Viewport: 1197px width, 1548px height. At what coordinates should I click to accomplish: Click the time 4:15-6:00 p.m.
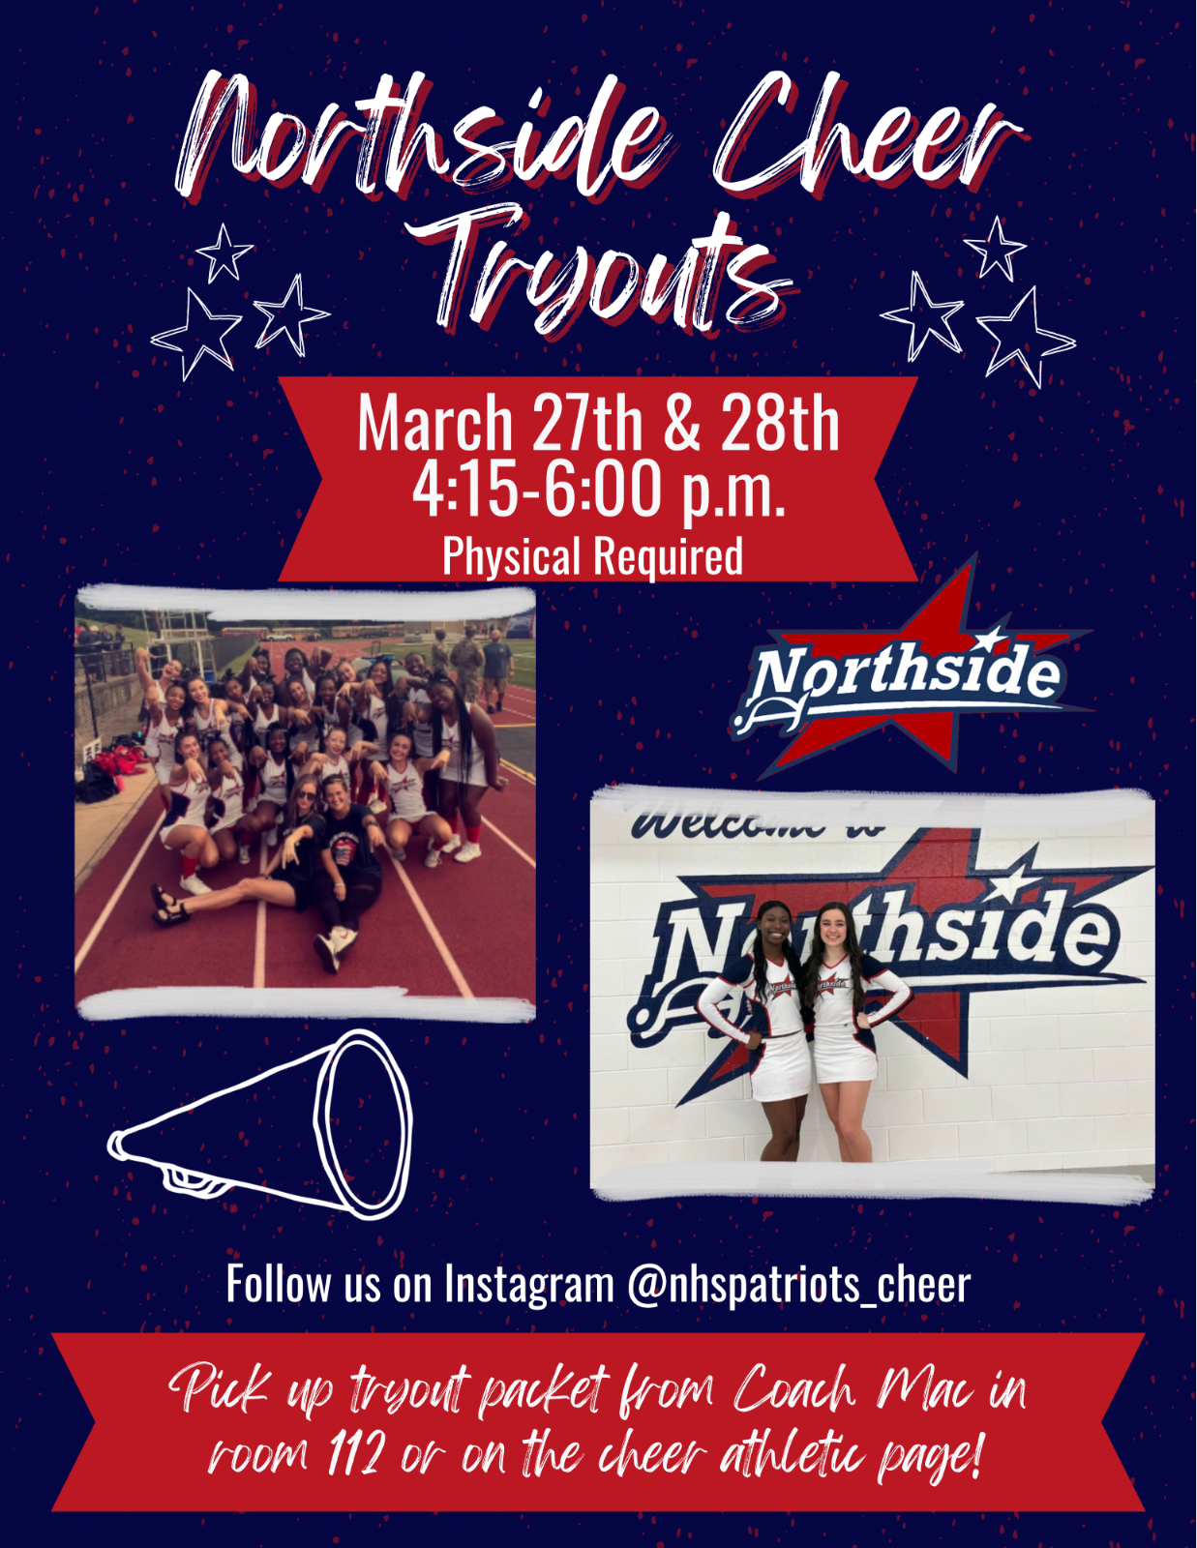tap(598, 489)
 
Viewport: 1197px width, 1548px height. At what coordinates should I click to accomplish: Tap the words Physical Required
tap(592, 556)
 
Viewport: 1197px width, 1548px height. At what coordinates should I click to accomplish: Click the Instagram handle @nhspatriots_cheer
tap(798, 1285)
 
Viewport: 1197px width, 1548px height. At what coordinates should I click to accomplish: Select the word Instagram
tap(529, 1285)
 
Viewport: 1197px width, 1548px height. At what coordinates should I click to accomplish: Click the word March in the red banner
tap(434, 423)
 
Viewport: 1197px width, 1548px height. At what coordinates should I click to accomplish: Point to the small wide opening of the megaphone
tap(363, 1122)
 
